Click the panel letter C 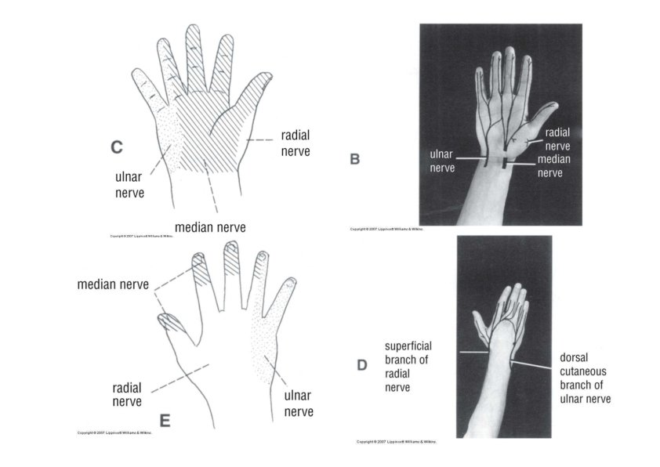(117, 147)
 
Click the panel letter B (355, 159)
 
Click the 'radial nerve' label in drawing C (295, 143)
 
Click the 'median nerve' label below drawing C (210, 227)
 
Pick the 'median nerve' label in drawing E (112, 284)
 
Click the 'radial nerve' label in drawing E (127, 395)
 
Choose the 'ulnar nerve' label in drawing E (299, 404)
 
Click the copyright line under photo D (396, 442)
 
